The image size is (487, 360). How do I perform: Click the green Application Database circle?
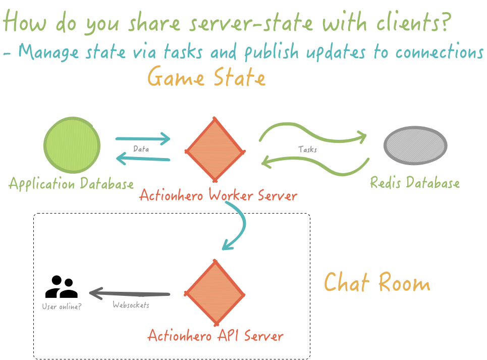point(72,145)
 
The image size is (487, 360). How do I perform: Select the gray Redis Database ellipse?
point(415,145)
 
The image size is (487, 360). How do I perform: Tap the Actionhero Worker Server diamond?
point(215,150)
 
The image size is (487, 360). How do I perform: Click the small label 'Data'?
point(141,149)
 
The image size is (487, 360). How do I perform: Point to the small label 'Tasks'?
point(307,149)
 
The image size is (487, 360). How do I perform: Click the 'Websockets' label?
point(131,305)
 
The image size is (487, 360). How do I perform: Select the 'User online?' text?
point(62,306)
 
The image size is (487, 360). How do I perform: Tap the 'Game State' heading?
point(206,78)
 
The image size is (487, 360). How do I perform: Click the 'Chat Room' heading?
point(376,282)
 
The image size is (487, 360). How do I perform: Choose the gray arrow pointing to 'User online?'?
point(129,293)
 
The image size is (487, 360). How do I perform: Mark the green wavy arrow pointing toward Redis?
point(313,133)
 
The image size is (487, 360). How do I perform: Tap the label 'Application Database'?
point(71,184)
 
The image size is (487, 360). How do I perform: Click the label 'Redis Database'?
point(414,182)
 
